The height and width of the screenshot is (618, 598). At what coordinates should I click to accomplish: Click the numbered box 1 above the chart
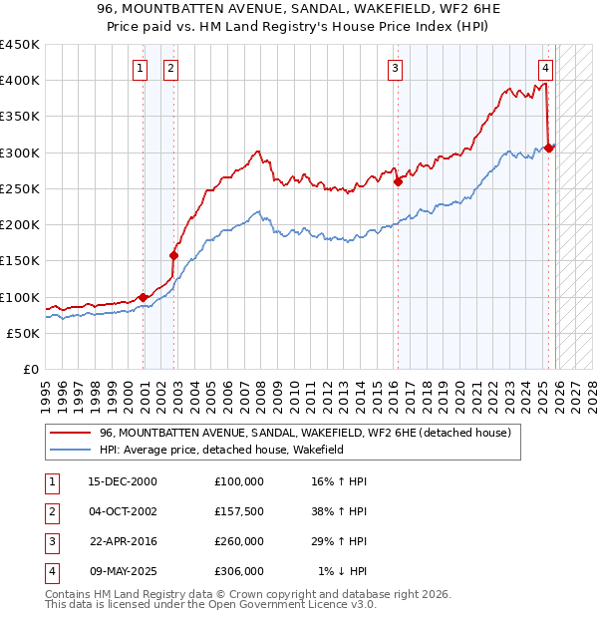(140, 68)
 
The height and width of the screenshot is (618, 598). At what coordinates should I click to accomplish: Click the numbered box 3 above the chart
(396, 68)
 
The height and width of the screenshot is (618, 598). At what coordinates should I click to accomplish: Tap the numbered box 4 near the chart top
(546, 68)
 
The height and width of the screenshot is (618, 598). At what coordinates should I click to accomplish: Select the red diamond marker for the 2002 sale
(173, 255)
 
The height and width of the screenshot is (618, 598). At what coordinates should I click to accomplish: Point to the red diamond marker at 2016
(397, 181)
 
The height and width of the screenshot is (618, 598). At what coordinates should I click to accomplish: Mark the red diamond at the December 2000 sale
(144, 297)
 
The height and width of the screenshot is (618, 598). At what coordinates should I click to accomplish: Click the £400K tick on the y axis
(20, 81)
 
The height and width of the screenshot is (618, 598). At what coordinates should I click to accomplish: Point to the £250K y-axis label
(20, 188)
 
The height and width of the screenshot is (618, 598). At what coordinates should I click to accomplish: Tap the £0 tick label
(31, 369)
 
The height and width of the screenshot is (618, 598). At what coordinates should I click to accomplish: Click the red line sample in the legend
(71, 434)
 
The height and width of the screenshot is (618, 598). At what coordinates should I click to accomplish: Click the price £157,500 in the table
(239, 510)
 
